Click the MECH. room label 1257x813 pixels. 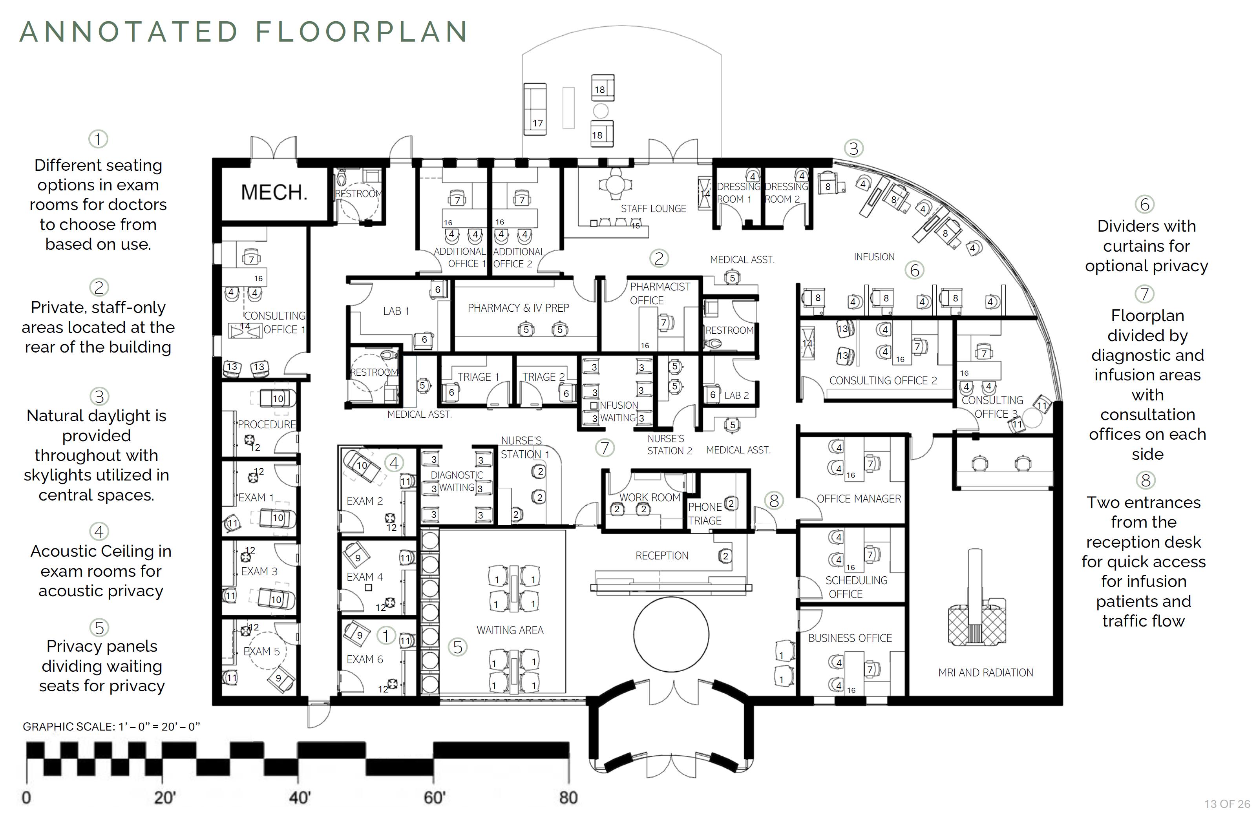click(x=274, y=192)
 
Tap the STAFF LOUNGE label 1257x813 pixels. click(x=653, y=208)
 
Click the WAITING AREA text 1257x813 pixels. click(x=510, y=630)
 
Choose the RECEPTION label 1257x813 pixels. click(x=661, y=555)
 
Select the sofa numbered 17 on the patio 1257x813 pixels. click(x=535, y=109)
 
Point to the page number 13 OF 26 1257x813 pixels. click(x=1227, y=804)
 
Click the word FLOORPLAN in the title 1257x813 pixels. click(x=362, y=32)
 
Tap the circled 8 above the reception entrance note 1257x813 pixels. click(x=1145, y=480)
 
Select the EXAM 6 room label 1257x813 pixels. click(x=364, y=659)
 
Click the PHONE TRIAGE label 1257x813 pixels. click(x=705, y=513)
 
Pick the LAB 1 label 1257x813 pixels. click(x=396, y=311)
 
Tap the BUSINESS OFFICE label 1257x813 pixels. click(x=850, y=638)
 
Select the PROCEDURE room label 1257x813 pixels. click(x=267, y=424)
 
